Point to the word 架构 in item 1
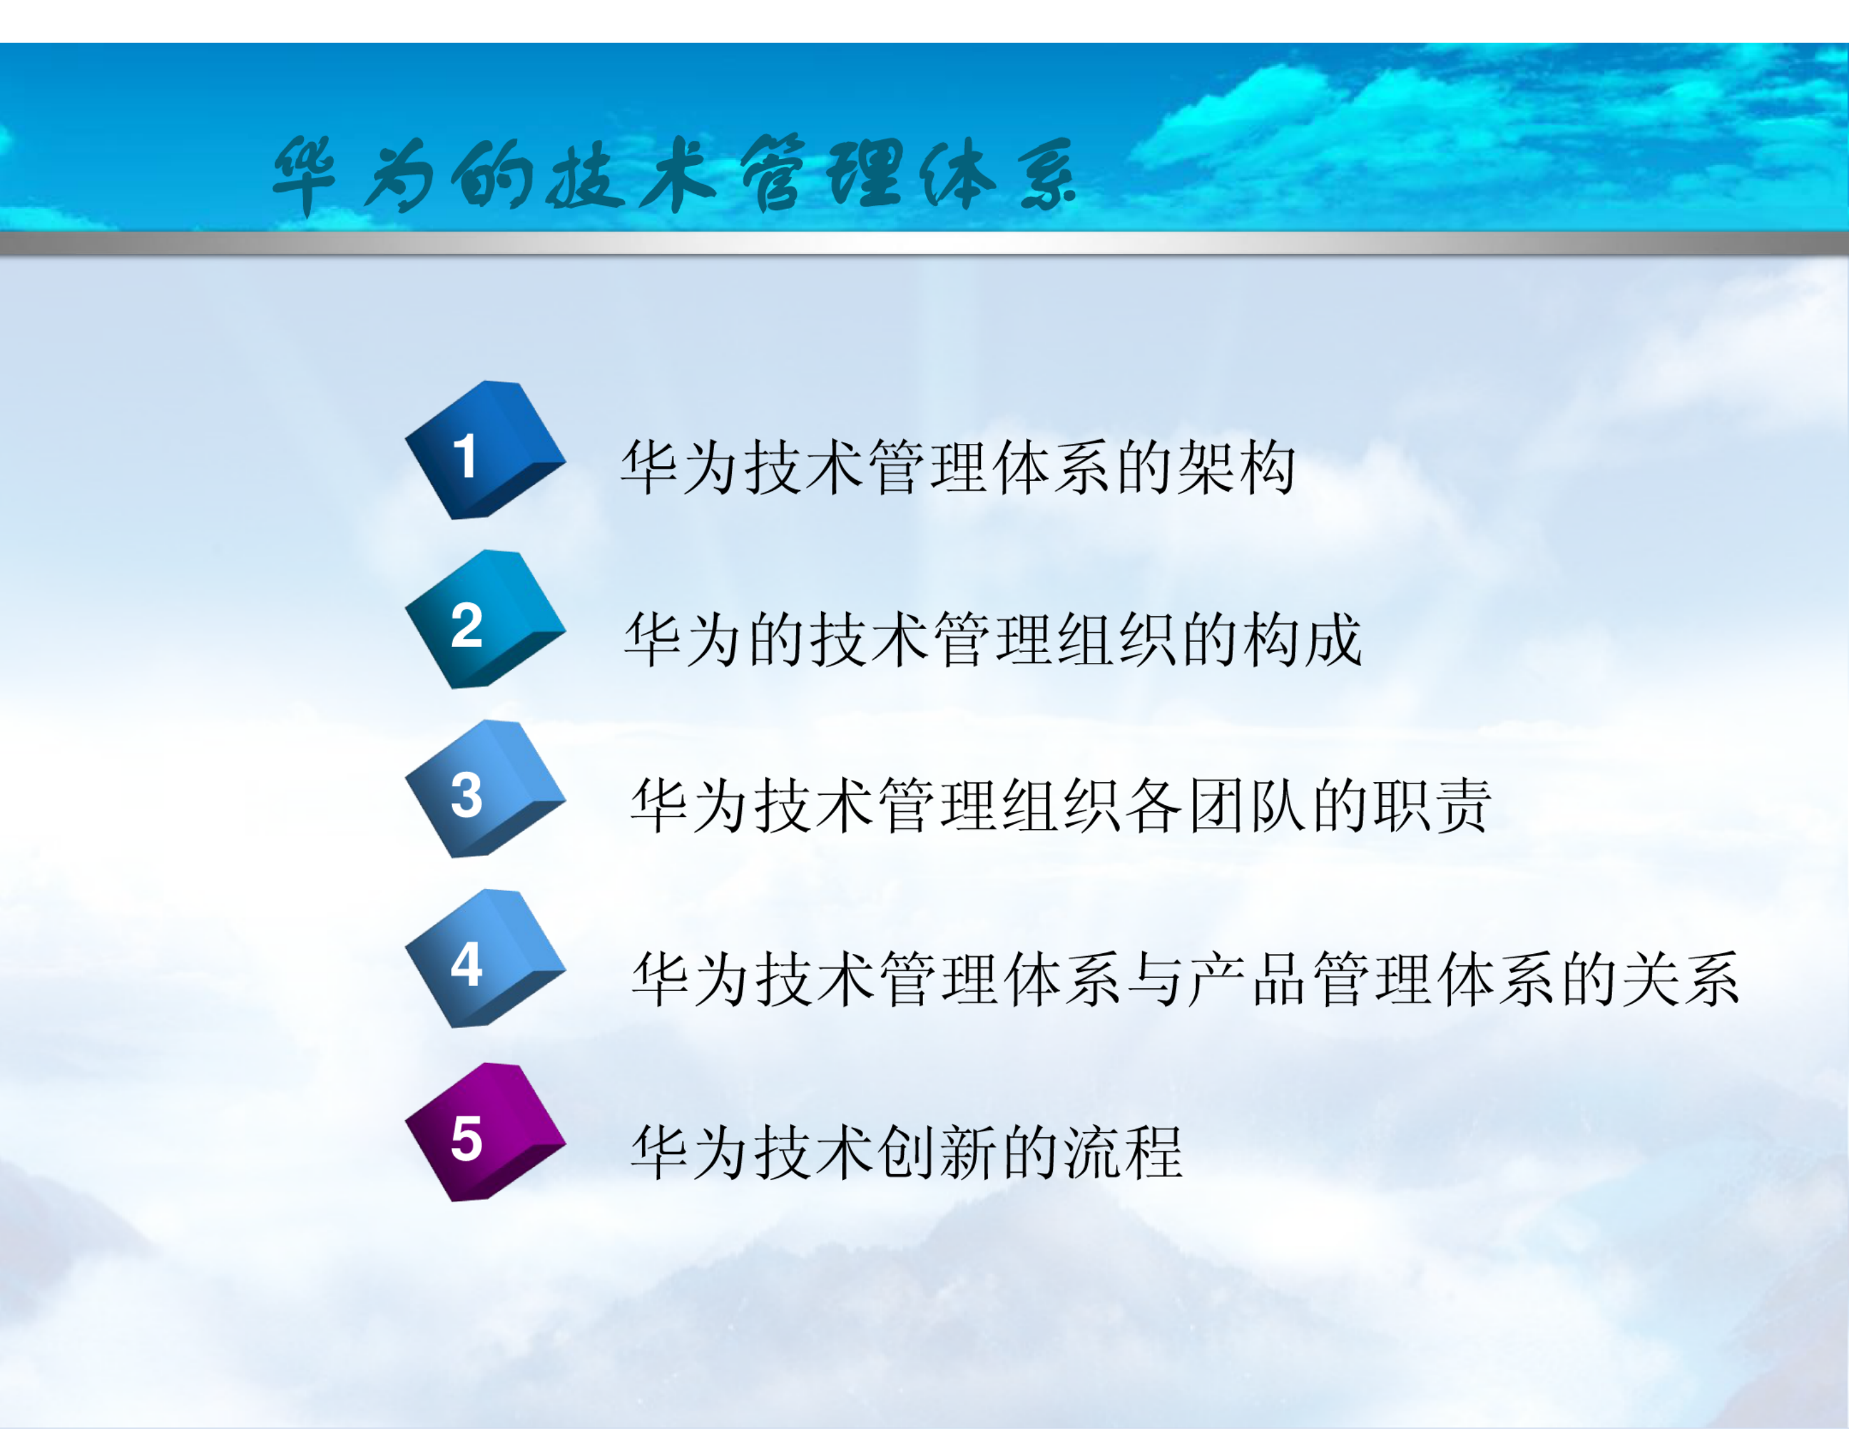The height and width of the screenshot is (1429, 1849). click(x=1235, y=467)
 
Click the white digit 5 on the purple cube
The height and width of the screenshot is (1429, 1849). click(x=466, y=1139)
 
